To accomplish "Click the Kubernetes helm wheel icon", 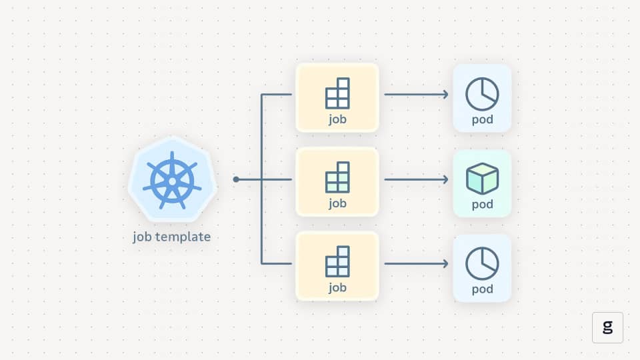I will (172, 179).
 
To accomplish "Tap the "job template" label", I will (172, 237).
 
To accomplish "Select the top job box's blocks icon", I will (337, 93).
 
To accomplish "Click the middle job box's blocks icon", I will (337, 177).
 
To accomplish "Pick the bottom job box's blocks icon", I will (337, 261).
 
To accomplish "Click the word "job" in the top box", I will (337, 120).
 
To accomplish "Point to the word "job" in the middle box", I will (337, 204).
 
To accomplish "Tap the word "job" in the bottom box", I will (337, 288).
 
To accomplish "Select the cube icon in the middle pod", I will (482, 178).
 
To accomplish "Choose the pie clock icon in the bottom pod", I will (482, 263).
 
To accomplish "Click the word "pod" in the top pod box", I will (482, 120).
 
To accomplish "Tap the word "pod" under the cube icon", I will (482, 204).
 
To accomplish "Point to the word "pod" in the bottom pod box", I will (482, 289).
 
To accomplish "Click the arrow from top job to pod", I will (416, 95).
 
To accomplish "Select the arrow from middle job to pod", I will (416, 179).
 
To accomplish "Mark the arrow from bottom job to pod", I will (416, 264).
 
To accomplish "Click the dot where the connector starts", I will (236, 179).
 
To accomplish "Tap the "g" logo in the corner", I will (607, 327).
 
